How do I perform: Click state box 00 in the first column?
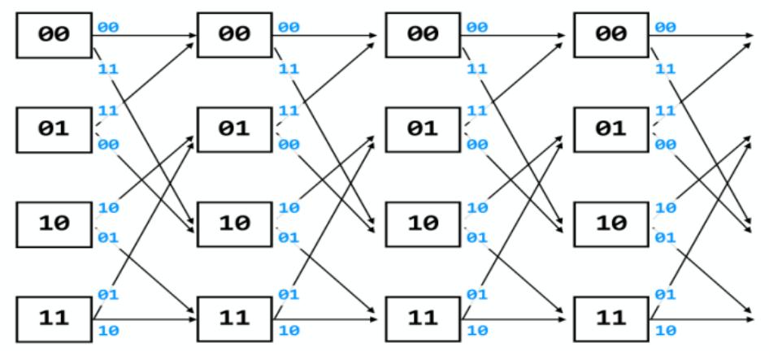coord(52,35)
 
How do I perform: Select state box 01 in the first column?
coord(52,128)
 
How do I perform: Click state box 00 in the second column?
coord(235,35)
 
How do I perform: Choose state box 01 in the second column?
coord(235,128)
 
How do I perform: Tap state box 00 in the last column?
coord(610,35)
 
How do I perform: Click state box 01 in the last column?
coord(610,128)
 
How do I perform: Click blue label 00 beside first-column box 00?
coord(107,28)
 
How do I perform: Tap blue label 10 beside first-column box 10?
coord(107,208)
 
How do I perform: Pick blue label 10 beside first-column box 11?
coord(107,331)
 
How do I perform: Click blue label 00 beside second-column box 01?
coord(289,143)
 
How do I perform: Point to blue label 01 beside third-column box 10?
coord(476,237)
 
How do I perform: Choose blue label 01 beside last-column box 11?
coord(664,293)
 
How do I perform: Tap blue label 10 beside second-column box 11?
coord(289,331)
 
